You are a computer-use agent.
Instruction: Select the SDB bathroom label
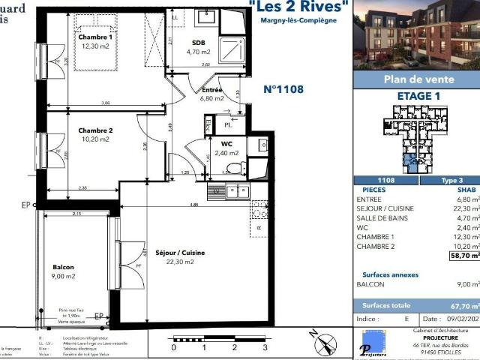[199, 43]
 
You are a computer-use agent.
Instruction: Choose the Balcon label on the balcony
[64, 268]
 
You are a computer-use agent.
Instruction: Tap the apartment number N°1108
[283, 88]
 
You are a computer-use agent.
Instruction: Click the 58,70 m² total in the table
[464, 255]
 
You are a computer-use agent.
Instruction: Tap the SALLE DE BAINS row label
[384, 218]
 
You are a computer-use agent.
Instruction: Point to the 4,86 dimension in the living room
[193, 204]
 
